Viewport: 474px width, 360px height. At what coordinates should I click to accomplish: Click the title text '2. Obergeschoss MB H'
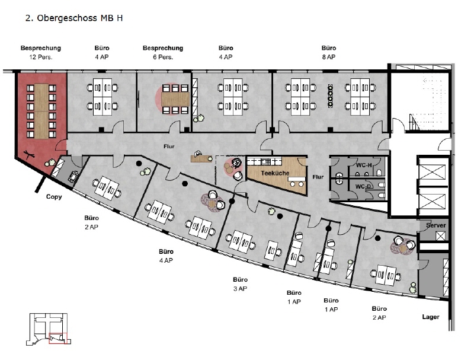tap(74, 18)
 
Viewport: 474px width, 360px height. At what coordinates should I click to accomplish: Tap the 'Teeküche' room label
tap(275, 173)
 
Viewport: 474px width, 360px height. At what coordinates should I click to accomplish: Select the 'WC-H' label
tap(364, 165)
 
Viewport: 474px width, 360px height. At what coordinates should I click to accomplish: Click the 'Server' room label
tap(435, 225)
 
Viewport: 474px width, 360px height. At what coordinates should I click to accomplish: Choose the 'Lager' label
tap(431, 317)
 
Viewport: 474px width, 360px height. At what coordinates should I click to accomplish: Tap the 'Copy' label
tap(54, 197)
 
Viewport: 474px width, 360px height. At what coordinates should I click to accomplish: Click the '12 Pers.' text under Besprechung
tap(41, 57)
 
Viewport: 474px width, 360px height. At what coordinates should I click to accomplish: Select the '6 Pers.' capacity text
tap(163, 57)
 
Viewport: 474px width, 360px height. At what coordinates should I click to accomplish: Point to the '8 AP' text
tap(329, 57)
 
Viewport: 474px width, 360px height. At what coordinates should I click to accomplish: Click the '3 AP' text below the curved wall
tap(240, 289)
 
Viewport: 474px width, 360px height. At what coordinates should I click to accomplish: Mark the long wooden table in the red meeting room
tap(41, 111)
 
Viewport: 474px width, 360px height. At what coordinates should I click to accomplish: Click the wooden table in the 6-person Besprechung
tap(175, 99)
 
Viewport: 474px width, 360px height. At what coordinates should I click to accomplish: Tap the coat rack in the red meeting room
tap(30, 155)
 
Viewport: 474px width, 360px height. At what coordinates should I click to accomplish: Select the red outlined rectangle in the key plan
tap(58, 338)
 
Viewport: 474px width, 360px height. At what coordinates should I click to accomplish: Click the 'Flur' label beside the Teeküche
tap(318, 177)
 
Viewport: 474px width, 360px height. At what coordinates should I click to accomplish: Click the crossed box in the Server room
tap(440, 236)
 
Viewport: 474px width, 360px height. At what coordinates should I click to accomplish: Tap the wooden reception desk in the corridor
tap(201, 158)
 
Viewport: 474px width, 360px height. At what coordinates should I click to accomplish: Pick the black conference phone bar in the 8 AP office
tap(331, 95)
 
